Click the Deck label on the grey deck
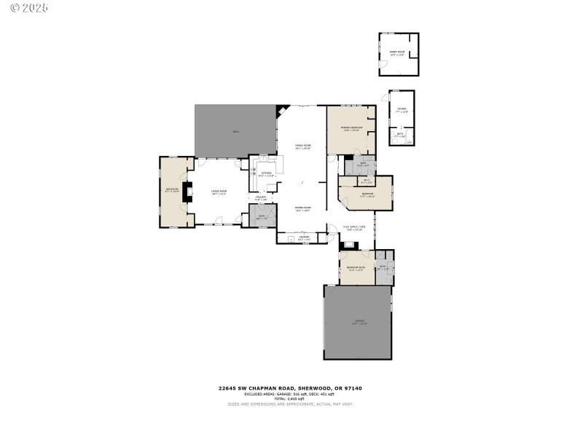[x=235, y=132]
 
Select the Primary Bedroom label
[x=351, y=129]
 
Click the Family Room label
[x=302, y=146]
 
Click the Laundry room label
[x=304, y=237]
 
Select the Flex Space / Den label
[x=353, y=228]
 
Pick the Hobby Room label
[x=397, y=52]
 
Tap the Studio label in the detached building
[x=402, y=109]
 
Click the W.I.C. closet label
[x=366, y=181]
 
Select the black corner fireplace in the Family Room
[x=281, y=111]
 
